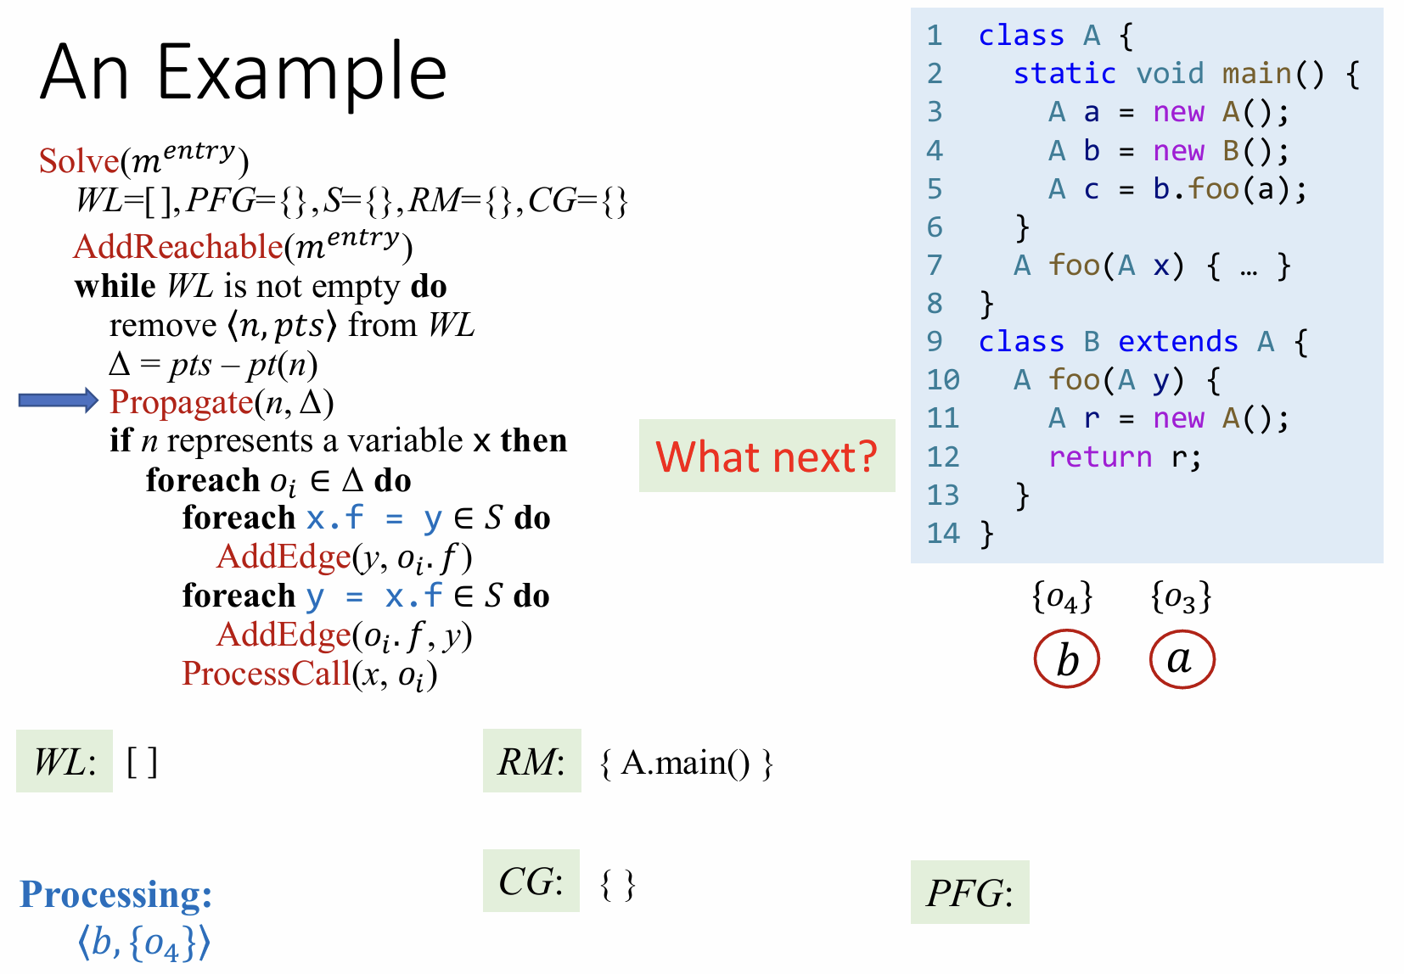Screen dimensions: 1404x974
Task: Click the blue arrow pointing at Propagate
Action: tap(59, 400)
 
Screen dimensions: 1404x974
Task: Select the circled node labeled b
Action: tap(1066, 659)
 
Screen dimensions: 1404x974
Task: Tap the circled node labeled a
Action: tap(1182, 659)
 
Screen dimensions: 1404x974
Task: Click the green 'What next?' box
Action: tap(767, 456)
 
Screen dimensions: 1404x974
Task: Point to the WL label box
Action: tap(65, 761)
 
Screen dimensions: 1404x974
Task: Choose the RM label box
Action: tap(532, 761)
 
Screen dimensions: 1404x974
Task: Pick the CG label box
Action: tap(531, 881)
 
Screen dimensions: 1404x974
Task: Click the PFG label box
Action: tap(969, 892)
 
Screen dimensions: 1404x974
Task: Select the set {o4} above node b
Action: tap(1063, 597)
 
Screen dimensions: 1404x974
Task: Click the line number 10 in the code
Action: tap(943, 379)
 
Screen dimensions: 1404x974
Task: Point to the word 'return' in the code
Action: tap(1100, 456)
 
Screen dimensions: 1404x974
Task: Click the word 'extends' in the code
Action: tap(1178, 341)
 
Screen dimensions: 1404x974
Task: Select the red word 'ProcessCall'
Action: tap(266, 674)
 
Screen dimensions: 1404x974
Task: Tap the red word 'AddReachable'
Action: tap(178, 246)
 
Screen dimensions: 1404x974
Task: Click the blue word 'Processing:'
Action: tap(116, 894)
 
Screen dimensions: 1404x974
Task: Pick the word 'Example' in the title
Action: tap(301, 73)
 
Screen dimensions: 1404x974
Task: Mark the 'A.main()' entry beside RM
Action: tap(685, 762)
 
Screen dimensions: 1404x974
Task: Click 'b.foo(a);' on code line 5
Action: tap(1230, 188)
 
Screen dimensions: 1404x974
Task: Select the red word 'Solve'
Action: tap(79, 161)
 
